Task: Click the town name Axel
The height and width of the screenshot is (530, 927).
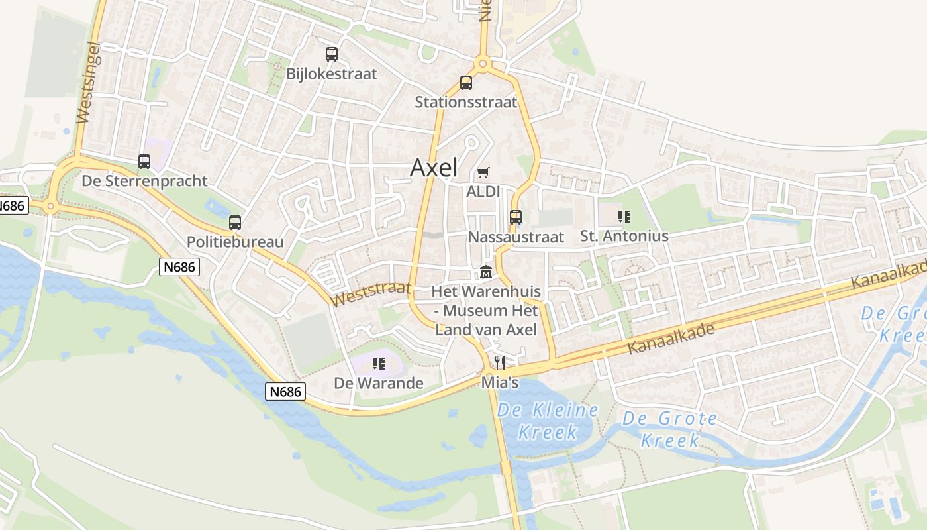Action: (434, 168)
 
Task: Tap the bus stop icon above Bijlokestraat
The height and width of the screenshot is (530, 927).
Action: (332, 54)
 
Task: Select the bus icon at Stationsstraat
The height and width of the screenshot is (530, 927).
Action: (466, 83)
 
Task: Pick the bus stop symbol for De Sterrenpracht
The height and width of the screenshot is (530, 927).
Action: (144, 161)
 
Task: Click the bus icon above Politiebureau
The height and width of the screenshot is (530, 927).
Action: (235, 223)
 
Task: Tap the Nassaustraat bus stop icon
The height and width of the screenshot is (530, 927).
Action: (516, 217)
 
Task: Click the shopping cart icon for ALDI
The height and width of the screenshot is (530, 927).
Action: (483, 173)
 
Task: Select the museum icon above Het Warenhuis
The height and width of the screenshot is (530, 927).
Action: (486, 272)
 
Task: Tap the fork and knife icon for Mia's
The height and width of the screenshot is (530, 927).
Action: (500, 362)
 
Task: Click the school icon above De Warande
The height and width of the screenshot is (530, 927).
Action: (379, 363)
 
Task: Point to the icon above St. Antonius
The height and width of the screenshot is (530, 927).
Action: (624, 216)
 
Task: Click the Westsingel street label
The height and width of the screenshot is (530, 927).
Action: (87, 83)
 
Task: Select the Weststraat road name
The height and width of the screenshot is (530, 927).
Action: (370, 293)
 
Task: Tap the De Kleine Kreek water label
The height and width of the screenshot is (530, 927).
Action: (548, 421)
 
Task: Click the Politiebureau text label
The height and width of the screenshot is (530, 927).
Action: (235, 242)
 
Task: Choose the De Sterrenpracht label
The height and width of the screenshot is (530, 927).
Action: (144, 181)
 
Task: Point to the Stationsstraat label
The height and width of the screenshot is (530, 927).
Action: (465, 102)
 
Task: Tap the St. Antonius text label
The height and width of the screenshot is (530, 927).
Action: (624, 236)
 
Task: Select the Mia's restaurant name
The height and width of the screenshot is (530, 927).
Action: (500, 383)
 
